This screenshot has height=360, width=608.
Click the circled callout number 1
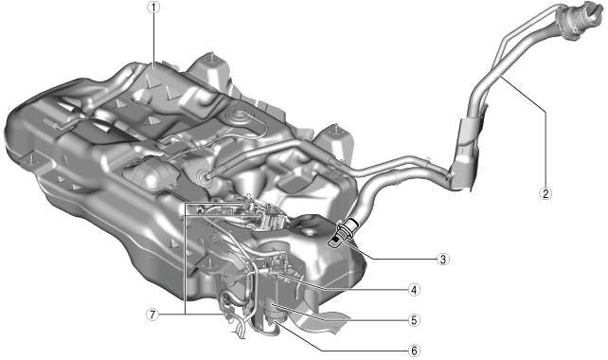154,7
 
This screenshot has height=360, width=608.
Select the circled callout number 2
545,193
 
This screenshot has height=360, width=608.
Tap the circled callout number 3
442,259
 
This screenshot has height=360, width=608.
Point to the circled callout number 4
414,289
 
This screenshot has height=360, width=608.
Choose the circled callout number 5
414,320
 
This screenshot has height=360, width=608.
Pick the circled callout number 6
414,351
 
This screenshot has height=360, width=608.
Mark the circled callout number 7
152,314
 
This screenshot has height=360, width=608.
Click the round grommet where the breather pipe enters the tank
204,175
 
